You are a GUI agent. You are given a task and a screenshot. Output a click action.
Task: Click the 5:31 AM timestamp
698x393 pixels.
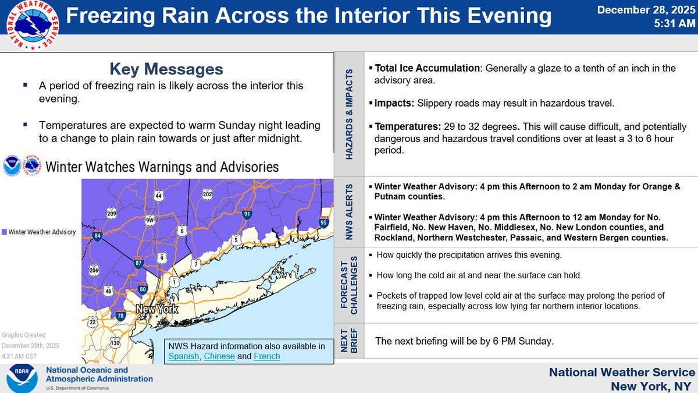(672, 24)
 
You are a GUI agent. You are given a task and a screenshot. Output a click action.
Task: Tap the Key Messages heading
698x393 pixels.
(166, 69)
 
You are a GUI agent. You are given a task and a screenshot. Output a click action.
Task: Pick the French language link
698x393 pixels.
(267, 356)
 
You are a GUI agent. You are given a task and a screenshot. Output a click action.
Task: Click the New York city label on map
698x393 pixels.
(156, 309)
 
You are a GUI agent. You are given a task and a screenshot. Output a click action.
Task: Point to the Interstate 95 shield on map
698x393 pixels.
(323, 222)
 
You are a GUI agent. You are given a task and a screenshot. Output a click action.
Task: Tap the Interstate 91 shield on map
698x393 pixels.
(247, 214)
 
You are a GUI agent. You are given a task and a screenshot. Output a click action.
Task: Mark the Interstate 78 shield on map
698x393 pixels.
(121, 316)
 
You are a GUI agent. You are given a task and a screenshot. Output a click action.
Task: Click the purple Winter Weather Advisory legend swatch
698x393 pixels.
(5, 232)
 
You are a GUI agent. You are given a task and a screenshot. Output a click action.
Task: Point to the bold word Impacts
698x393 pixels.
(394, 104)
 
